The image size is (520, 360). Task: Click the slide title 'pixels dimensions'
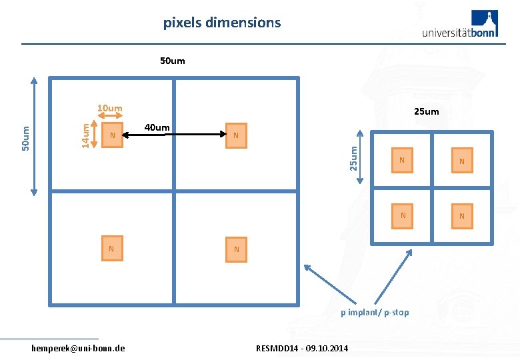click(222, 23)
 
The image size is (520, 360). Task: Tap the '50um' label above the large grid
click(173, 61)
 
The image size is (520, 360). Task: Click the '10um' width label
click(110, 107)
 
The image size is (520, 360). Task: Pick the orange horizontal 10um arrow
click(110, 115)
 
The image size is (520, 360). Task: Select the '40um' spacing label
click(157, 127)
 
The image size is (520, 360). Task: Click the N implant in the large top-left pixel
click(113, 136)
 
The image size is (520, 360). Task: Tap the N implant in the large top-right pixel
click(236, 135)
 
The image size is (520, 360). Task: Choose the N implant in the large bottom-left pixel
click(111, 249)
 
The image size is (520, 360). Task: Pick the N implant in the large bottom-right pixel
click(236, 249)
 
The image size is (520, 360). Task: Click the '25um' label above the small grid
click(427, 111)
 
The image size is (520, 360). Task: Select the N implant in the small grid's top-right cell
click(461, 161)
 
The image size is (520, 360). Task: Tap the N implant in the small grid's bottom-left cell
click(402, 216)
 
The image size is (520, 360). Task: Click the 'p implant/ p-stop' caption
click(375, 313)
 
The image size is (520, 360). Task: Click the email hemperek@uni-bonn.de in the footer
click(78, 348)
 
